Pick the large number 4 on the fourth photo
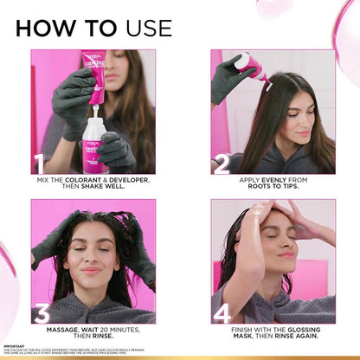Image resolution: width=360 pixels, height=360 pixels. pos(222,312)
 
